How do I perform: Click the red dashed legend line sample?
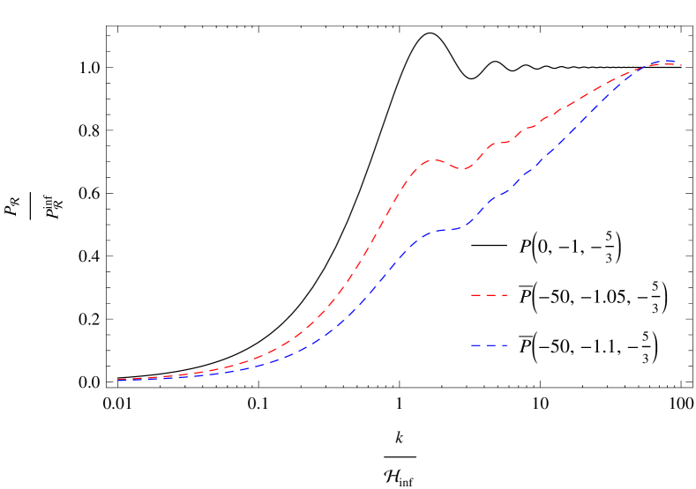pos(489,295)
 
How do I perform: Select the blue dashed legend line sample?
pos(489,345)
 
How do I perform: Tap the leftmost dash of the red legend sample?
pos(475,295)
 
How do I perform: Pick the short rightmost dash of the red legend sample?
pos(505,295)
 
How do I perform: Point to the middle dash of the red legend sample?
pos(490,295)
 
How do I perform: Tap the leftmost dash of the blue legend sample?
pos(475,345)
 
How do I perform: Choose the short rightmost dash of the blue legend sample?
pos(505,345)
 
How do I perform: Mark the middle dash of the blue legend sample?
pos(490,345)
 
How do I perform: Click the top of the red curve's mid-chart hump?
pos(433,159)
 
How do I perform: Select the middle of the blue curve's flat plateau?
pos(445,230)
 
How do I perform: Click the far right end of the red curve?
pos(681,66)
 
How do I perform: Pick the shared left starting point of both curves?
pos(116,380)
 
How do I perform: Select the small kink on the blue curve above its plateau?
pos(504,192)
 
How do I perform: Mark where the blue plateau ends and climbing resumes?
pos(464,226)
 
